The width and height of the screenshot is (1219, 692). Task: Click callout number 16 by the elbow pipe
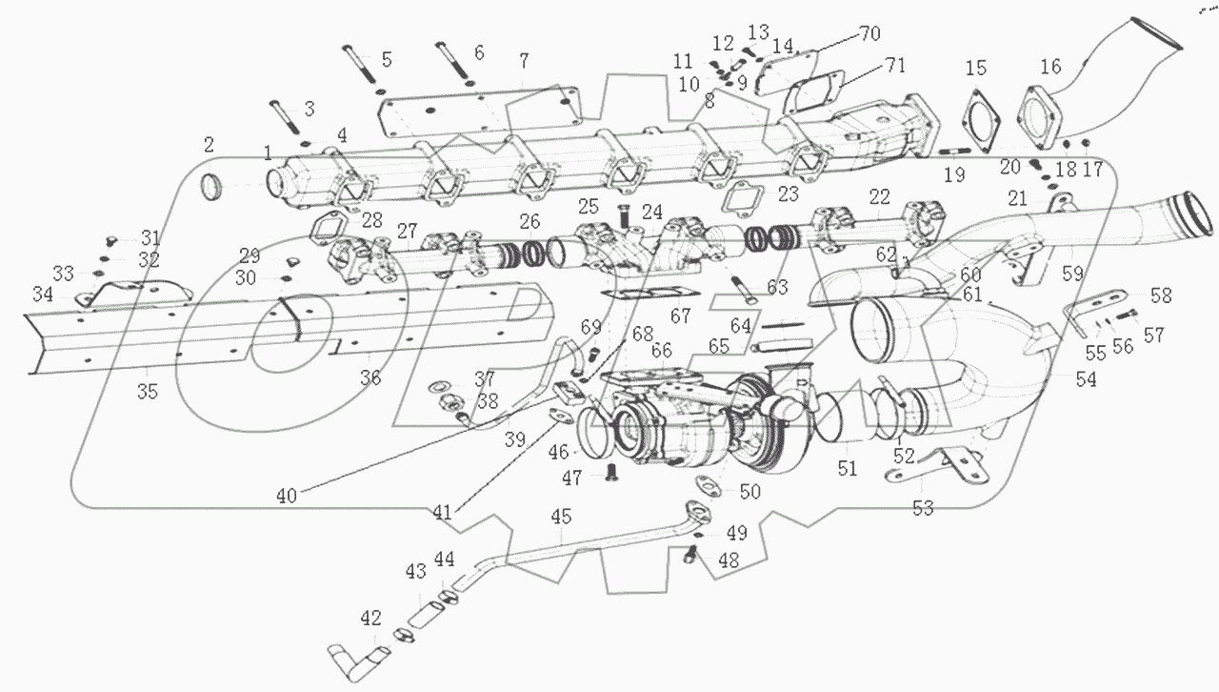coord(1049,67)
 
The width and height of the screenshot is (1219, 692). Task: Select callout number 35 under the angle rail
coord(149,391)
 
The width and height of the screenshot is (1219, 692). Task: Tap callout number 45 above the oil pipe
coord(561,518)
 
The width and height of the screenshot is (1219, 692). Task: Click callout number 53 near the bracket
coord(923,508)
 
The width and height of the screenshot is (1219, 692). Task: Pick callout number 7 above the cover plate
coord(523,62)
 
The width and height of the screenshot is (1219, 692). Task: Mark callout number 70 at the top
coord(869,32)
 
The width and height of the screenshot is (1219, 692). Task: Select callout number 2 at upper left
coord(209,145)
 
